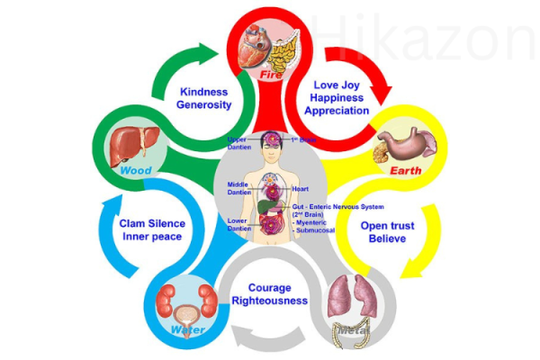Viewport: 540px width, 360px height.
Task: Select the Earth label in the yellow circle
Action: [406, 170]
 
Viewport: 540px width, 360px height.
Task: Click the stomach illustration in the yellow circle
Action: [407, 142]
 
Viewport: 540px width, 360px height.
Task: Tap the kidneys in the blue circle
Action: [184, 300]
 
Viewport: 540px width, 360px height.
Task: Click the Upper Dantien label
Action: [238, 143]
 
